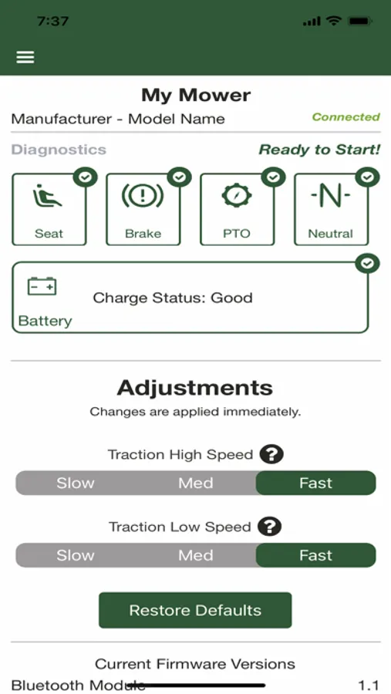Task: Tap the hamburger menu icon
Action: (25, 57)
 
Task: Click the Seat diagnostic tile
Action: (49, 209)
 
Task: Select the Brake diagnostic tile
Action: (143, 209)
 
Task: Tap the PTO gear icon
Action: (237, 196)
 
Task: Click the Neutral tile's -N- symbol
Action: (330, 197)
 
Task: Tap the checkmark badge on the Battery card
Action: (367, 264)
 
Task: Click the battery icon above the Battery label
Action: (42, 286)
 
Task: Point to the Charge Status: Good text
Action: (173, 298)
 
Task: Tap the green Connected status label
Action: (345, 117)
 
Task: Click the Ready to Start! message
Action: (319, 150)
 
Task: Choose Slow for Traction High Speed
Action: (76, 483)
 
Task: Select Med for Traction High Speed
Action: (195, 483)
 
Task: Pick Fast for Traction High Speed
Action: (315, 483)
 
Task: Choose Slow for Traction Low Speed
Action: (76, 555)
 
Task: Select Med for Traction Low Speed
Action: (195, 555)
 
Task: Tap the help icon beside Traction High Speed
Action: (271, 454)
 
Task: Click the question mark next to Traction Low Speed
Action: (270, 527)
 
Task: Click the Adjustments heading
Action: (195, 388)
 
